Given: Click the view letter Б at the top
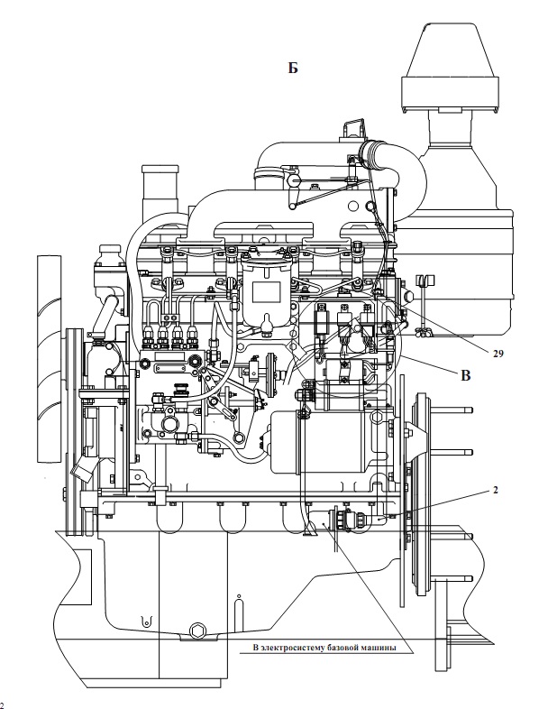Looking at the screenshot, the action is click(x=293, y=68).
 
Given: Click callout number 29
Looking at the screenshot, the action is click(x=498, y=354).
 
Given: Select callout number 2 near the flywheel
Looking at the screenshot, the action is click(x=496, y=490).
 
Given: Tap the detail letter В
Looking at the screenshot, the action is click(x=465, y=375).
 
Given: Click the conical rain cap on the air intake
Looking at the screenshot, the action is click(x=450, y=67).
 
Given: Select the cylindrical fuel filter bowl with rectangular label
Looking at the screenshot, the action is click(x=266, y=289).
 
